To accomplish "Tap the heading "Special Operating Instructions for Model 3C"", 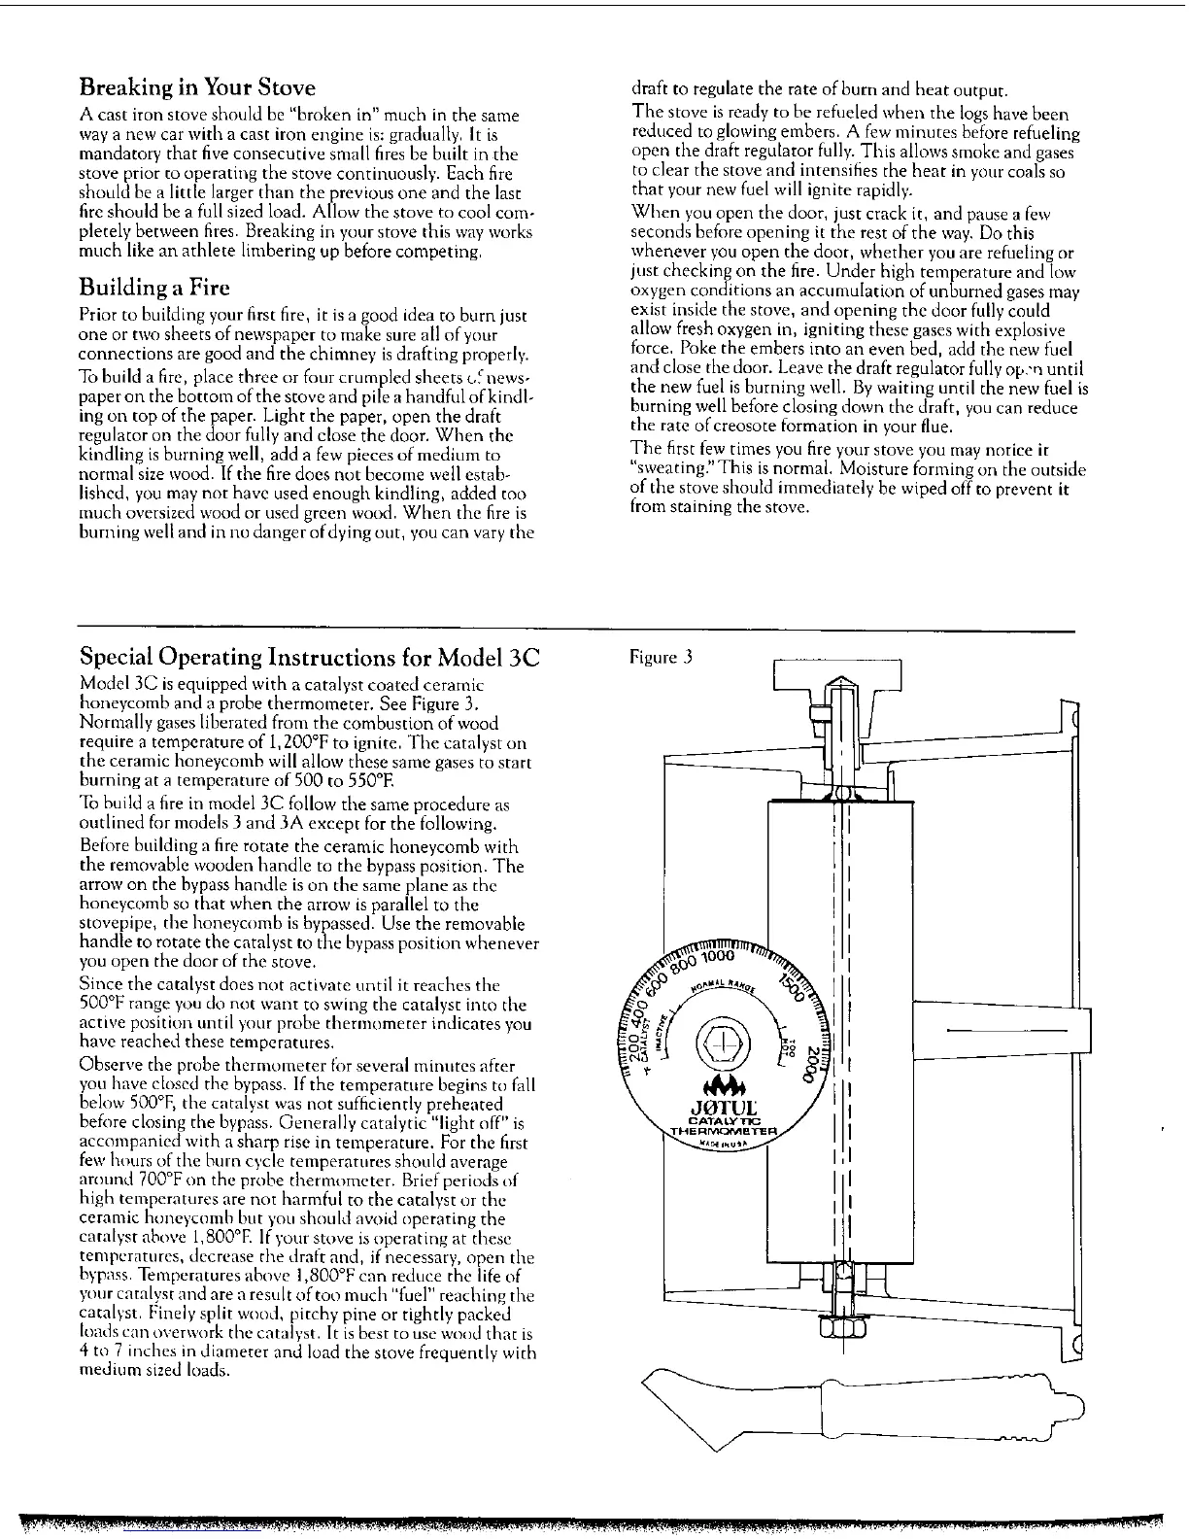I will tap(309, 657).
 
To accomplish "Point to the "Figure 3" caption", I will tap(660, 658).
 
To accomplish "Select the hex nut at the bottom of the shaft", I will tap(844, 1328).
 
